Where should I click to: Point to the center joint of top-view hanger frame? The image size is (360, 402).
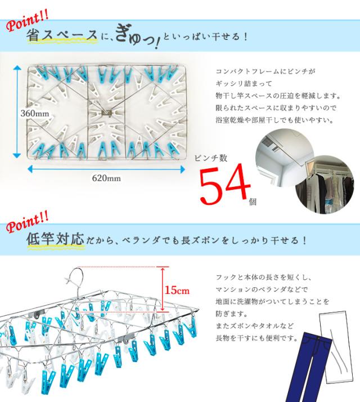click(x=106, y=111)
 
